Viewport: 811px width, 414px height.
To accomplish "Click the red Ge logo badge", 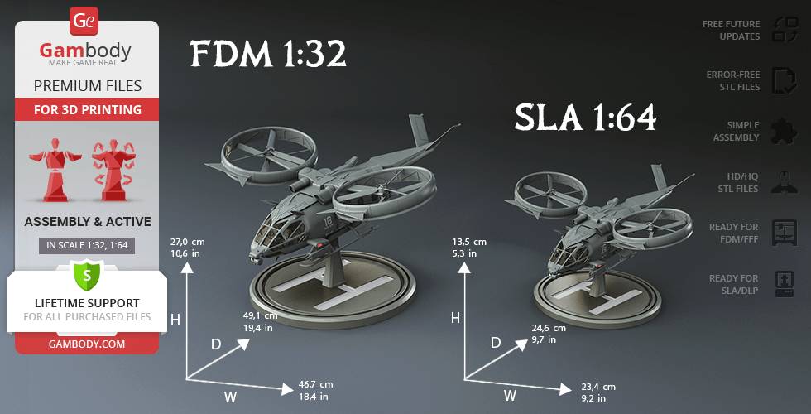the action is coord(84,22).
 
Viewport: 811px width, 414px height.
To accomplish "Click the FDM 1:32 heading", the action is coord(268,55).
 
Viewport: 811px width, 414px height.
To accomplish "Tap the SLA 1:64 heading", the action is coord(585,118).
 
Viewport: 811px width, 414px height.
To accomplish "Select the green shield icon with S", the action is coord(86,276).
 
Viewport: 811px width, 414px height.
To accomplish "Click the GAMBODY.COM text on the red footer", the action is coord(87,344).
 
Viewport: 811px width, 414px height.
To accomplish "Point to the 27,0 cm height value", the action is coord(187,242).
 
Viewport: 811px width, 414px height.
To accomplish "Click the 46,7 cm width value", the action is coord(315,384).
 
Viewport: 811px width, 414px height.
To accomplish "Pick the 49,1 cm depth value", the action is coord(260,315).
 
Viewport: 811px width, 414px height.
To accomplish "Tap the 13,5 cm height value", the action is coord(469,242).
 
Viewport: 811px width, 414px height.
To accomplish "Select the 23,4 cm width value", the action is coord(597,388).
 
